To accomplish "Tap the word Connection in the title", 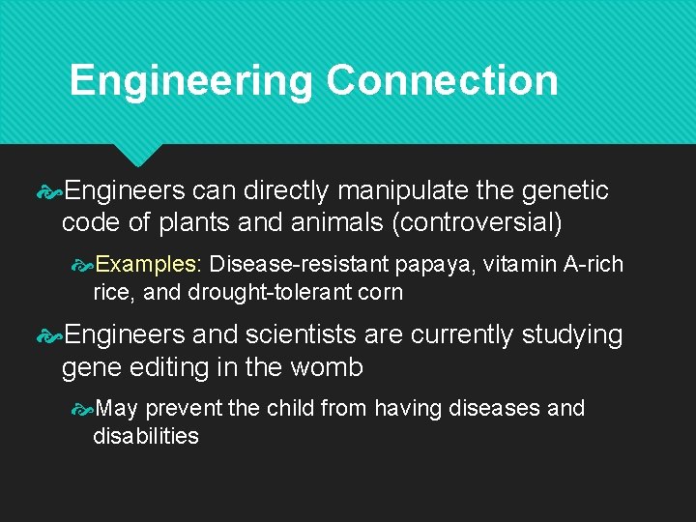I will pos(442,80).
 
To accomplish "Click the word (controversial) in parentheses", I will pos(477,222).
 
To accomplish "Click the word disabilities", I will pos(146,436).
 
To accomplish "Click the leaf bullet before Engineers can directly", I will pos(49,190).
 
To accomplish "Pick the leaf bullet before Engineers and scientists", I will pos(49,334).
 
